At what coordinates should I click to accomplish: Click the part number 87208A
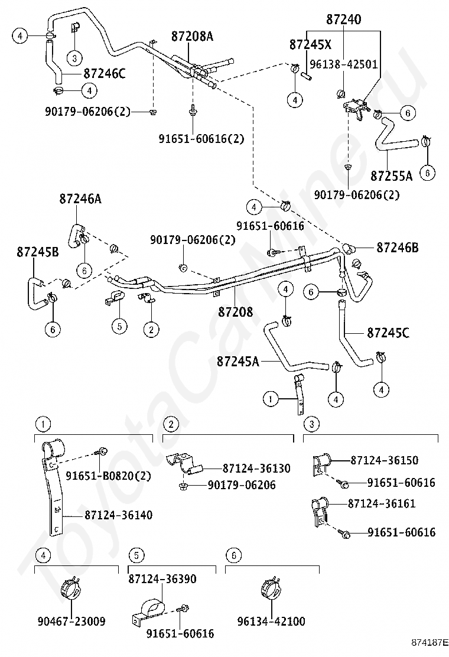click(192, 37)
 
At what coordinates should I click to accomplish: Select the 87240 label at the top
click(343, 19)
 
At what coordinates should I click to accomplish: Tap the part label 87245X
click(310, 44)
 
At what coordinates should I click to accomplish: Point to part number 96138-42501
click(343, 64)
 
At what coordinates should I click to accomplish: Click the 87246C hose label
click(105, 74)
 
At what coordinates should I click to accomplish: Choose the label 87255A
click(392, 175)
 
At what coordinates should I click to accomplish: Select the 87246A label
click(80, 199)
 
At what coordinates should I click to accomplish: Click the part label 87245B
click(38, 252)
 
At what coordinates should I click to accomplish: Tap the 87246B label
click(398, 248)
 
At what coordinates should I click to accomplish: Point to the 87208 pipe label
click(235, 312)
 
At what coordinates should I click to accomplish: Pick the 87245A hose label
click(238, 361)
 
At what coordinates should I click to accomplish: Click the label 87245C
click(388, 333)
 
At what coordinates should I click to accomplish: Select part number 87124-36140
click(119, 515)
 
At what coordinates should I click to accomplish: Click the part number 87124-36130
click(256, 468)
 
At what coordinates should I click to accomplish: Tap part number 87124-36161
click(382, 503)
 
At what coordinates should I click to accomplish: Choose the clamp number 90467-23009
click(71, 621)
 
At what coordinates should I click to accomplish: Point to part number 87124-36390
click(162, 579)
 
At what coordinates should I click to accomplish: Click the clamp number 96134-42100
click(271, 621)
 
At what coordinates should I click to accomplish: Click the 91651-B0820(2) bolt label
click(109, 476)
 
